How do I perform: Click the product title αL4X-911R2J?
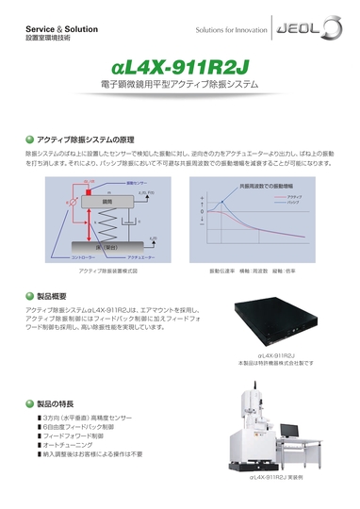tap(178, 68)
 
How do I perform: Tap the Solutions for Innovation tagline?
tap(235, 31)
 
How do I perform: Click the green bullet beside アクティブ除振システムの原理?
tap(29, 139)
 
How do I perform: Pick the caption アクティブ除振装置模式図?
tap(104, 271)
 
